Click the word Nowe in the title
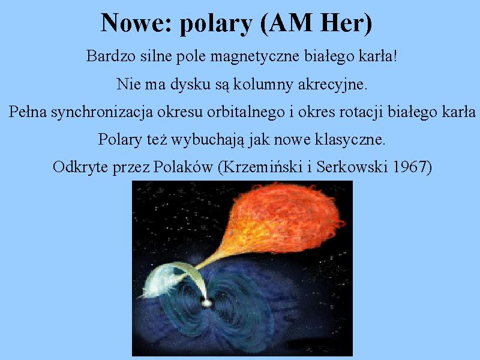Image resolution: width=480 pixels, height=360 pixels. tap(136, 23)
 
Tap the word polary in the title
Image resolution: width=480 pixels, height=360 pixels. tap(216, 25)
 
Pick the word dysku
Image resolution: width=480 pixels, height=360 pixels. tap(190, 85)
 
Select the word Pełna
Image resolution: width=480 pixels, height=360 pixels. tap(28, 112)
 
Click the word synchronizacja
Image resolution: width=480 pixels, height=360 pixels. tap(102, 113)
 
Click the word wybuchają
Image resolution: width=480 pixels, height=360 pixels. tap(208, 140)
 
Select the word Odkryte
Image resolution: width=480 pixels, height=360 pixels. tap(80, 168)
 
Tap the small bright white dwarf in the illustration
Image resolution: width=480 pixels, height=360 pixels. tap(206, 303)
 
